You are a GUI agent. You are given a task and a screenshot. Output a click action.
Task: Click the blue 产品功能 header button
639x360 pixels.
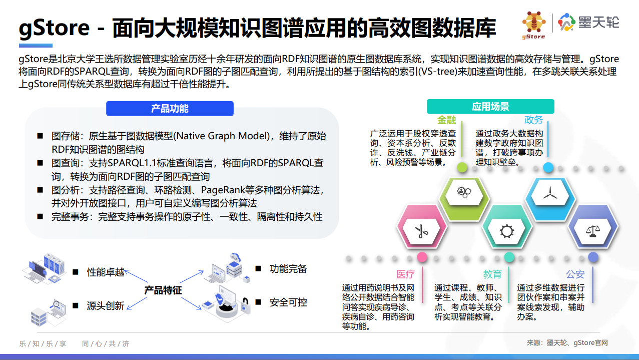coord(170,109)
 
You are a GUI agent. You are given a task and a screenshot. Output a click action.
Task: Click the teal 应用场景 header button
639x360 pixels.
coord(490,107)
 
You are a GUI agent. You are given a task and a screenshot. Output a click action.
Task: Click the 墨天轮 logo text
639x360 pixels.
coord(598,22)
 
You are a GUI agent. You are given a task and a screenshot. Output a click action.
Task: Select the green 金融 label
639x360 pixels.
coord(446,120)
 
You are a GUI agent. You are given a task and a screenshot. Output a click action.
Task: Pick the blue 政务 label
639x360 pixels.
coord(533,120)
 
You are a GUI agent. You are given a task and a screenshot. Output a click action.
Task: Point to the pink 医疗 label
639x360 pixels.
coord(405,274)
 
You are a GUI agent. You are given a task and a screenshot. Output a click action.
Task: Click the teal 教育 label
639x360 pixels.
coord(492,274)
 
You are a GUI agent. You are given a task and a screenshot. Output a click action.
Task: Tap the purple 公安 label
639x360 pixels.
coord(575,274)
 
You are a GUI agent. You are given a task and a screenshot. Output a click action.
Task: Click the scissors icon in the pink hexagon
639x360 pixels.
coord(421,231)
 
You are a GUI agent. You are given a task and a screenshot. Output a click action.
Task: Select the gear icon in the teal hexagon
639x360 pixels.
coord(506,231)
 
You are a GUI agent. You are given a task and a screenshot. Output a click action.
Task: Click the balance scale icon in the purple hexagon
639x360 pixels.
coord(593,231)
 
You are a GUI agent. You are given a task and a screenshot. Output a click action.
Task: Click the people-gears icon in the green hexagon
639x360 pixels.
coord(464,192)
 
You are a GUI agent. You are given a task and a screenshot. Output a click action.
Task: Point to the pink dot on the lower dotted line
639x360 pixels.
coord(422,257)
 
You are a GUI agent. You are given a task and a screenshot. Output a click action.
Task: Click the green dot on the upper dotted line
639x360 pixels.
coord(462,168)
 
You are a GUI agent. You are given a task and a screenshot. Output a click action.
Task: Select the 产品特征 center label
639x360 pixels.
coord(163,290)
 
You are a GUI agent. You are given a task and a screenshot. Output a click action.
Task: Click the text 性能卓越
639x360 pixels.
coord(106,272)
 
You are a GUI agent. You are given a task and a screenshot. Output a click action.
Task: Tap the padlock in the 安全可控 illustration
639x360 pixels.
coord(245,304)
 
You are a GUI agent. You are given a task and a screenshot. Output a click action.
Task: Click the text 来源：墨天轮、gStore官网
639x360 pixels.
coord(567,342)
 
